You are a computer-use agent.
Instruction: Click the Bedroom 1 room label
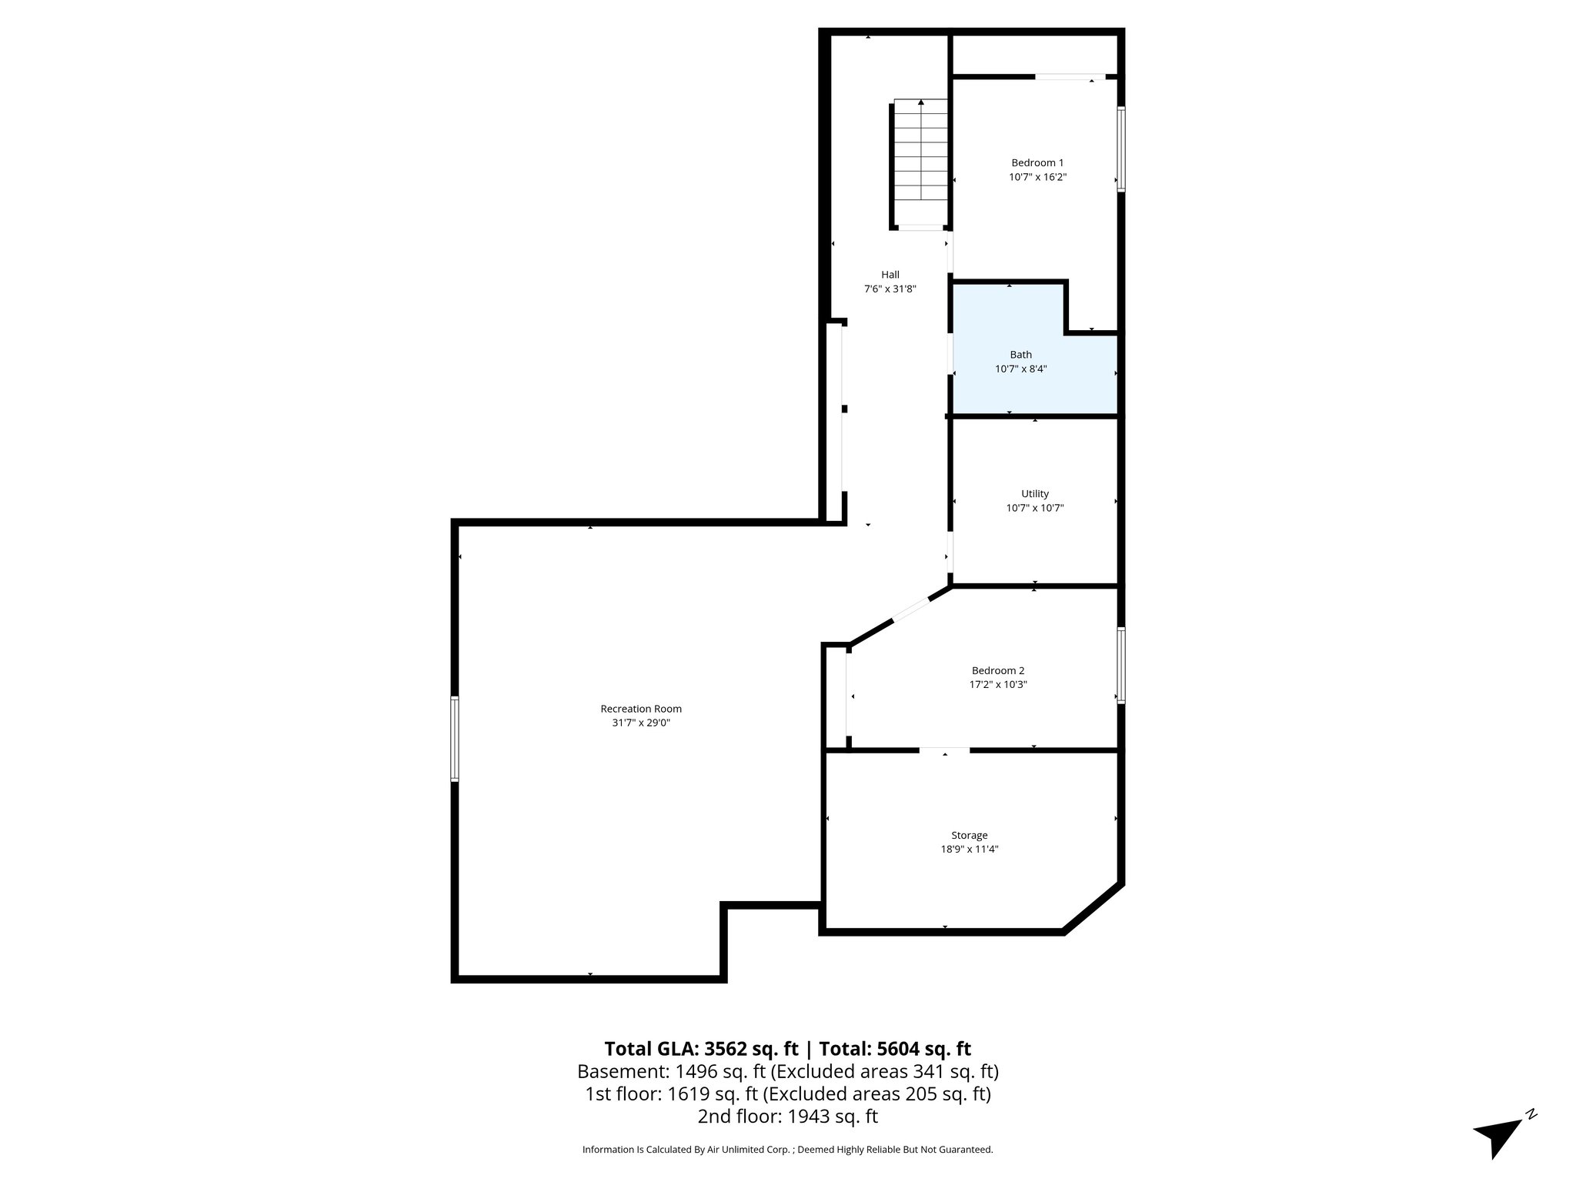point(1037,162)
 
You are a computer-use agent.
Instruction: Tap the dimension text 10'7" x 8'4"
point(1020,369)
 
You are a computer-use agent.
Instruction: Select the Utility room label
point(1034,493)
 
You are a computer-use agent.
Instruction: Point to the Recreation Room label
point(640,709)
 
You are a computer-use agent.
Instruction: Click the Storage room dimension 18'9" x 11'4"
point(969,850)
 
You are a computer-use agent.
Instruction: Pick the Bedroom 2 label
point(997,670)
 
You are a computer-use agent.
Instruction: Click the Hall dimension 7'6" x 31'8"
point(890,289)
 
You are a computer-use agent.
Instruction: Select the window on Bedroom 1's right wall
point(1121,149)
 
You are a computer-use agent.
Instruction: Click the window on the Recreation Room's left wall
point(455,739)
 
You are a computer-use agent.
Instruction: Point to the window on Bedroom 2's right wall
point(1121,666)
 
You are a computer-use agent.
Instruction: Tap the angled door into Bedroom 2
point(911,609)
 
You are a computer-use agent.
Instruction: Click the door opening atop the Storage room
point(944,749)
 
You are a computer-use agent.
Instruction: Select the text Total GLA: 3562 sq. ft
point(701,1049)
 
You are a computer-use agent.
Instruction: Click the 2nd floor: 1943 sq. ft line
point(787,1116)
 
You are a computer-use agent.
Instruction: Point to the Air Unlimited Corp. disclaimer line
point(787,1150)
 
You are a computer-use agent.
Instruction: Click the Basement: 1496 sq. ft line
point(787,1071)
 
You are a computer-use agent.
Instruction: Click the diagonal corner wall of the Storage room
point(1093,909)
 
